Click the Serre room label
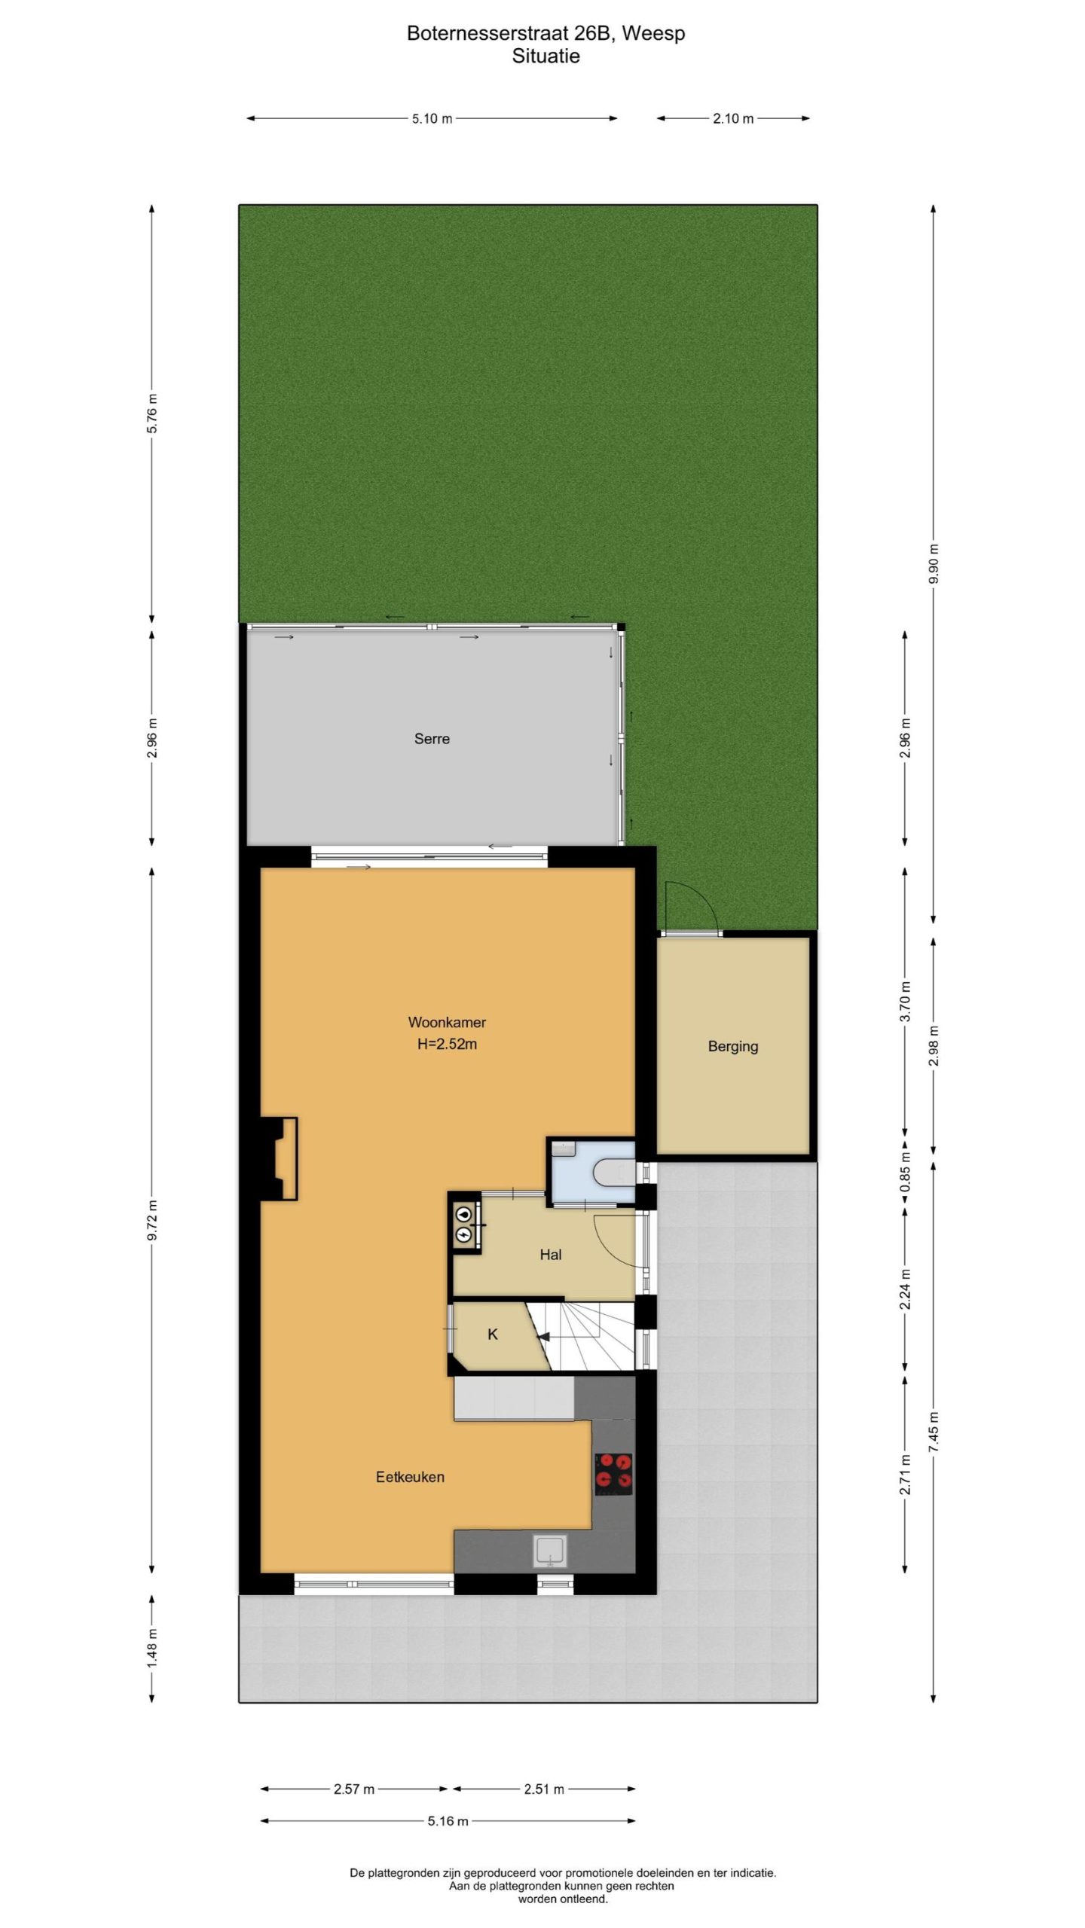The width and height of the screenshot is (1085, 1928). click(x=432, y=739)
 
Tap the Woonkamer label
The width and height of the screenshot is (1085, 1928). click(x=447, y=1022)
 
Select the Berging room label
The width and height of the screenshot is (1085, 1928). click(x=733, y=1046)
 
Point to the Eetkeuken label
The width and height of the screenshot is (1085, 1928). click(x=410, y=1477)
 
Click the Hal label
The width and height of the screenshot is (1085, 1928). click(x=551, y=1255)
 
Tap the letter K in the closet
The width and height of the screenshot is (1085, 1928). click(x=493, y=1335)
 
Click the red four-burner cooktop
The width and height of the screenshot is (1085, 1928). click(x=614, y=1474)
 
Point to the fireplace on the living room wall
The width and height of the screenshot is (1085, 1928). click(x=279, y=1159)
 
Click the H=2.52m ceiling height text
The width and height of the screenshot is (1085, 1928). click(x=447, y=1044)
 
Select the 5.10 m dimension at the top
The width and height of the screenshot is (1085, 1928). click(x=432, y=118)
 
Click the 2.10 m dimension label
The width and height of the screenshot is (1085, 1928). click(x=733, y=118)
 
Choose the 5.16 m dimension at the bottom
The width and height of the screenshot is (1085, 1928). click(x=448, y=1821)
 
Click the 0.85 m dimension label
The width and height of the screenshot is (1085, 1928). click(x=905, y=1173)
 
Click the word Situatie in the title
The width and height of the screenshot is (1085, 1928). click(x=546, y=56)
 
